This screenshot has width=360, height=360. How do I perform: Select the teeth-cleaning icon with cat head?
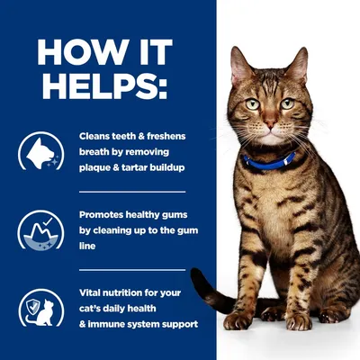(x=41, y=152)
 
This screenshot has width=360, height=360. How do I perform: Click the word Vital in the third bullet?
(x=93, y=292)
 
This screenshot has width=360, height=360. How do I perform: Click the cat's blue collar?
(x=270, y=161)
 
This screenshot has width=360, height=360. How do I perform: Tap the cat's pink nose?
(x=270, y=126)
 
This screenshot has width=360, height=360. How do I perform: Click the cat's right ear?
(x=298, y=65)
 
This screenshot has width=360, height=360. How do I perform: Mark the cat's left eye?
(x=254, y=103)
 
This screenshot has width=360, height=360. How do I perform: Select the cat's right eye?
(x=288, y=104)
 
